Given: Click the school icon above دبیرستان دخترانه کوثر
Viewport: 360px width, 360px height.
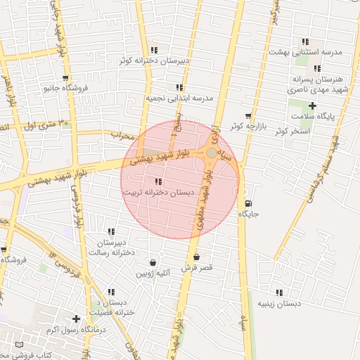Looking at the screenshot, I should (154, 50).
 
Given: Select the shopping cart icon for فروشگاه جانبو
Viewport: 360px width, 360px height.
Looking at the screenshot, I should (65, 78).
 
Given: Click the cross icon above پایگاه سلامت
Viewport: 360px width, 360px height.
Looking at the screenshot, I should (313, 105).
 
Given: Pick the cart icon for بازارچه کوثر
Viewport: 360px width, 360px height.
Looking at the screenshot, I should (247, 115).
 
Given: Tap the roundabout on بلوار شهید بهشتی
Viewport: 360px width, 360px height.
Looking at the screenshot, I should (211, 152).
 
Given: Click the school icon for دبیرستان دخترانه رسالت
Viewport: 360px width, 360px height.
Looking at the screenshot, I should (111, 232).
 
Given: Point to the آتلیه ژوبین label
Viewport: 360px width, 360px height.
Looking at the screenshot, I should (153, 272).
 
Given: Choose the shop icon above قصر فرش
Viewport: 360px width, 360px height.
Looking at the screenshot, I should (195, 257).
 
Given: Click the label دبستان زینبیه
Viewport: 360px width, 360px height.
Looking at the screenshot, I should (279, 304).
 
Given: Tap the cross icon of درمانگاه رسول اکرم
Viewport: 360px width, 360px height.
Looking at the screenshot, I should (76, 319).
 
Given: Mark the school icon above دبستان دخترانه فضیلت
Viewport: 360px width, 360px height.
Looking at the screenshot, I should (111, 292).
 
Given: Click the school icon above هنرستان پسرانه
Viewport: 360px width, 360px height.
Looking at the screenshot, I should (317, 69).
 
